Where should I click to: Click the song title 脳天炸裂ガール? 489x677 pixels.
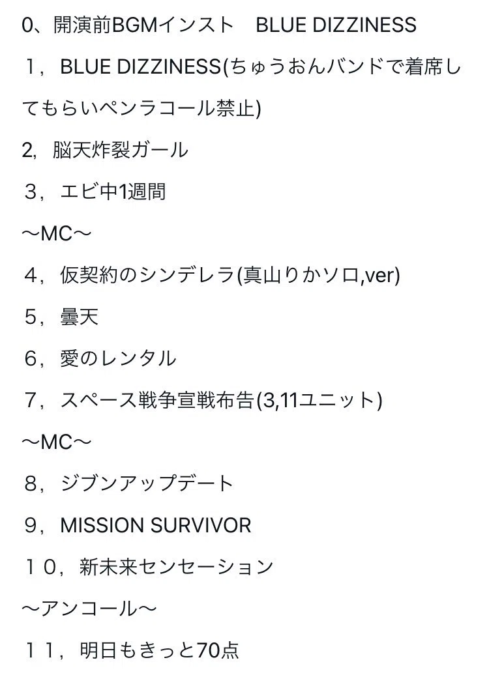click(121, 151)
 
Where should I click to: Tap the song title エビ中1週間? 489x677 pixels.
click(113, 192)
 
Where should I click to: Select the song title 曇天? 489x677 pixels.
click(80, 317)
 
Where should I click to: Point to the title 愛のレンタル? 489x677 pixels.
click(118, 359)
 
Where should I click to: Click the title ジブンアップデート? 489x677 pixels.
click(147, 483)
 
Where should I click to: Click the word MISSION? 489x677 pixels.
click(102, 525)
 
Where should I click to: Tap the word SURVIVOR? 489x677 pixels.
click(201, 525)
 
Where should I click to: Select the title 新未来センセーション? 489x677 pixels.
click(176, 567)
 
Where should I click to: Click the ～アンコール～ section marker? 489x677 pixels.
click(89, 609)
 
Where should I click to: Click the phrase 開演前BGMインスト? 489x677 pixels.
click(143, 25)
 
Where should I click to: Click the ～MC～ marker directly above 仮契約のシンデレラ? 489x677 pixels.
click(57, 233)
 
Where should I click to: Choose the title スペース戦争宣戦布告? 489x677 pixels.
click(157, 400)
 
